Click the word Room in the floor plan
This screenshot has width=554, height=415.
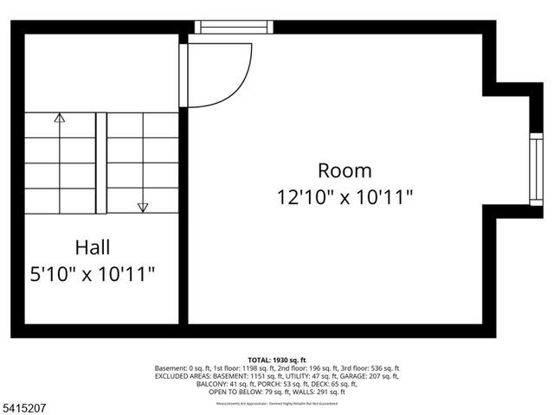click(345, 170)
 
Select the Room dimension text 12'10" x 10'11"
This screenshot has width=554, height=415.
click(345, 197)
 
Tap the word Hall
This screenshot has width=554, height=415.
click(92, 248)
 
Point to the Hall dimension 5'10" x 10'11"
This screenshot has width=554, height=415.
click(92, 275)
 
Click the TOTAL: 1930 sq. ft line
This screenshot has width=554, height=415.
click(277, 360)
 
